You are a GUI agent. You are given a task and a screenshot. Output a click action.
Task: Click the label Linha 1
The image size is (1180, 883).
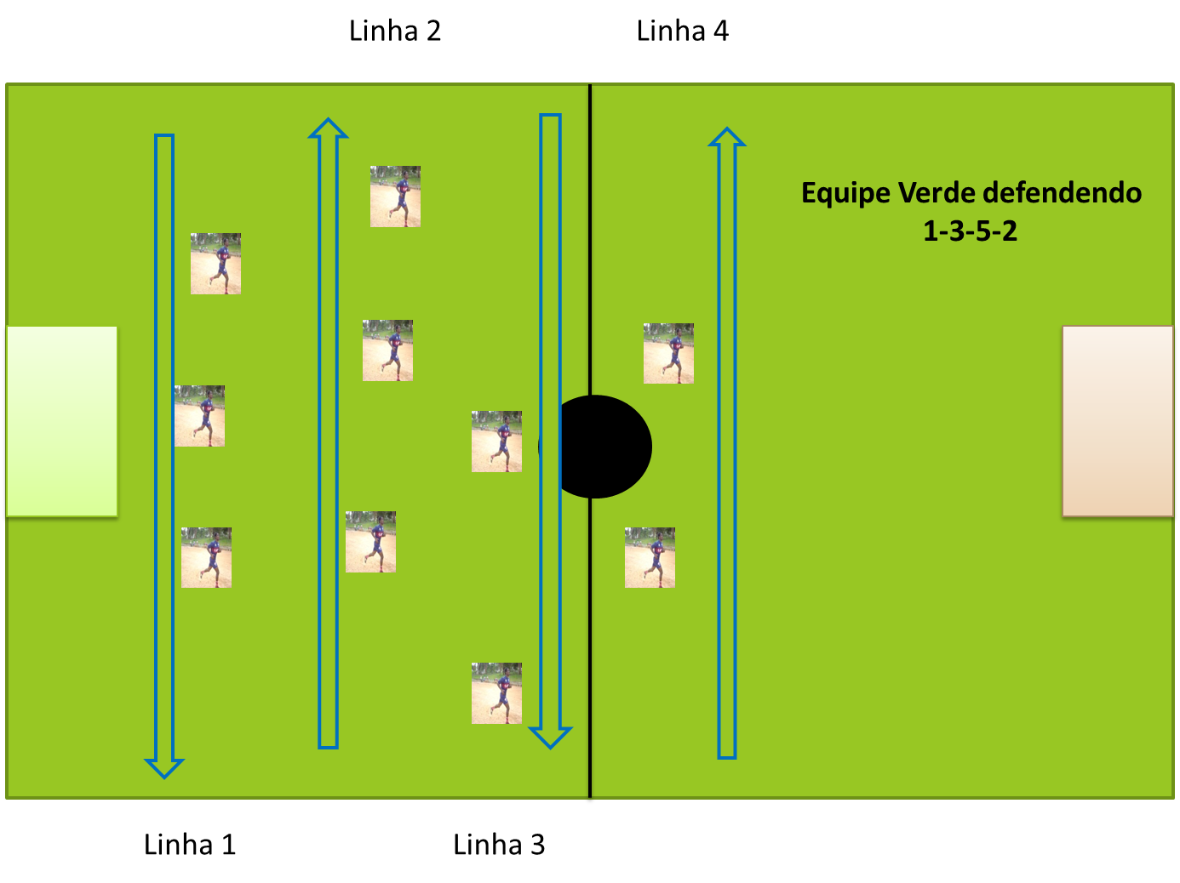(190, 845)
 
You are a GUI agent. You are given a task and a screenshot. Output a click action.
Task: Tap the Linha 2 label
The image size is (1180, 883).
(395, 31)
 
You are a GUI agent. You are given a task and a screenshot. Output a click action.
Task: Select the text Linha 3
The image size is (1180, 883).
(499, 845)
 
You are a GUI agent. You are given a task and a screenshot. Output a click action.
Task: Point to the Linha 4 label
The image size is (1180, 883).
(683, 31)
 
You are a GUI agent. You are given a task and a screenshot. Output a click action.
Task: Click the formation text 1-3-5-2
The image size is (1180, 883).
(971, 231)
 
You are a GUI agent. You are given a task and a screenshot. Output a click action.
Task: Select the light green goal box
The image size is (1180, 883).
(61, 422)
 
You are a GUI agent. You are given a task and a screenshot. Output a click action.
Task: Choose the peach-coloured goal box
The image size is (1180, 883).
(1118, 422)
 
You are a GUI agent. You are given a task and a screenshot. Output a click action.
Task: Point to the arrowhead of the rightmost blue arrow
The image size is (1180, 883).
(727, 137)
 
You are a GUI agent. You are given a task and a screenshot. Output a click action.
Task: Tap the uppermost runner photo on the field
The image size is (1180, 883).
(395, 197)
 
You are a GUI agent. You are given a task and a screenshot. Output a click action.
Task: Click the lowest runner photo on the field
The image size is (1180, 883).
(496, 693)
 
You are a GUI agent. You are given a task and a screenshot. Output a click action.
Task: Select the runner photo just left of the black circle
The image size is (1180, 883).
(496, 441)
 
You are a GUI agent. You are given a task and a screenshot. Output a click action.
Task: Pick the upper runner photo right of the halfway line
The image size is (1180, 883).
(668, 353)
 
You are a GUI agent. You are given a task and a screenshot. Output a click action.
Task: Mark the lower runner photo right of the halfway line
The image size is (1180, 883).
(650, 557)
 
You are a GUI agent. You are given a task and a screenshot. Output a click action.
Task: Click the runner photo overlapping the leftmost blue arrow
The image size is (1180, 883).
(199, 416)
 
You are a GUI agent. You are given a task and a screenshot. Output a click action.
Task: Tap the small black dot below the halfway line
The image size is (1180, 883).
(590, 800)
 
